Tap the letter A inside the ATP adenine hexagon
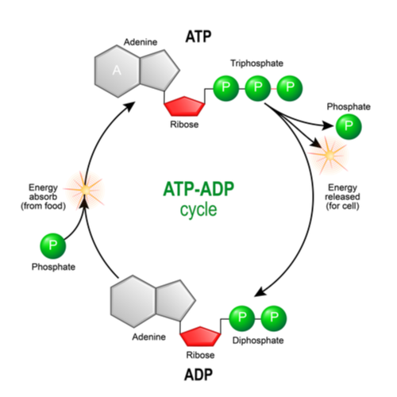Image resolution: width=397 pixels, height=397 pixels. coord(117,71)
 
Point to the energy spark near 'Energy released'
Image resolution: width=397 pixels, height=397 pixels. coord(327,156)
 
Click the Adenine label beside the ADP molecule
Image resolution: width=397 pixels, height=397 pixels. coord(148,337)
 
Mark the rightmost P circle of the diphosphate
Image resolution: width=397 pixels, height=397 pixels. coord(274,318)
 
